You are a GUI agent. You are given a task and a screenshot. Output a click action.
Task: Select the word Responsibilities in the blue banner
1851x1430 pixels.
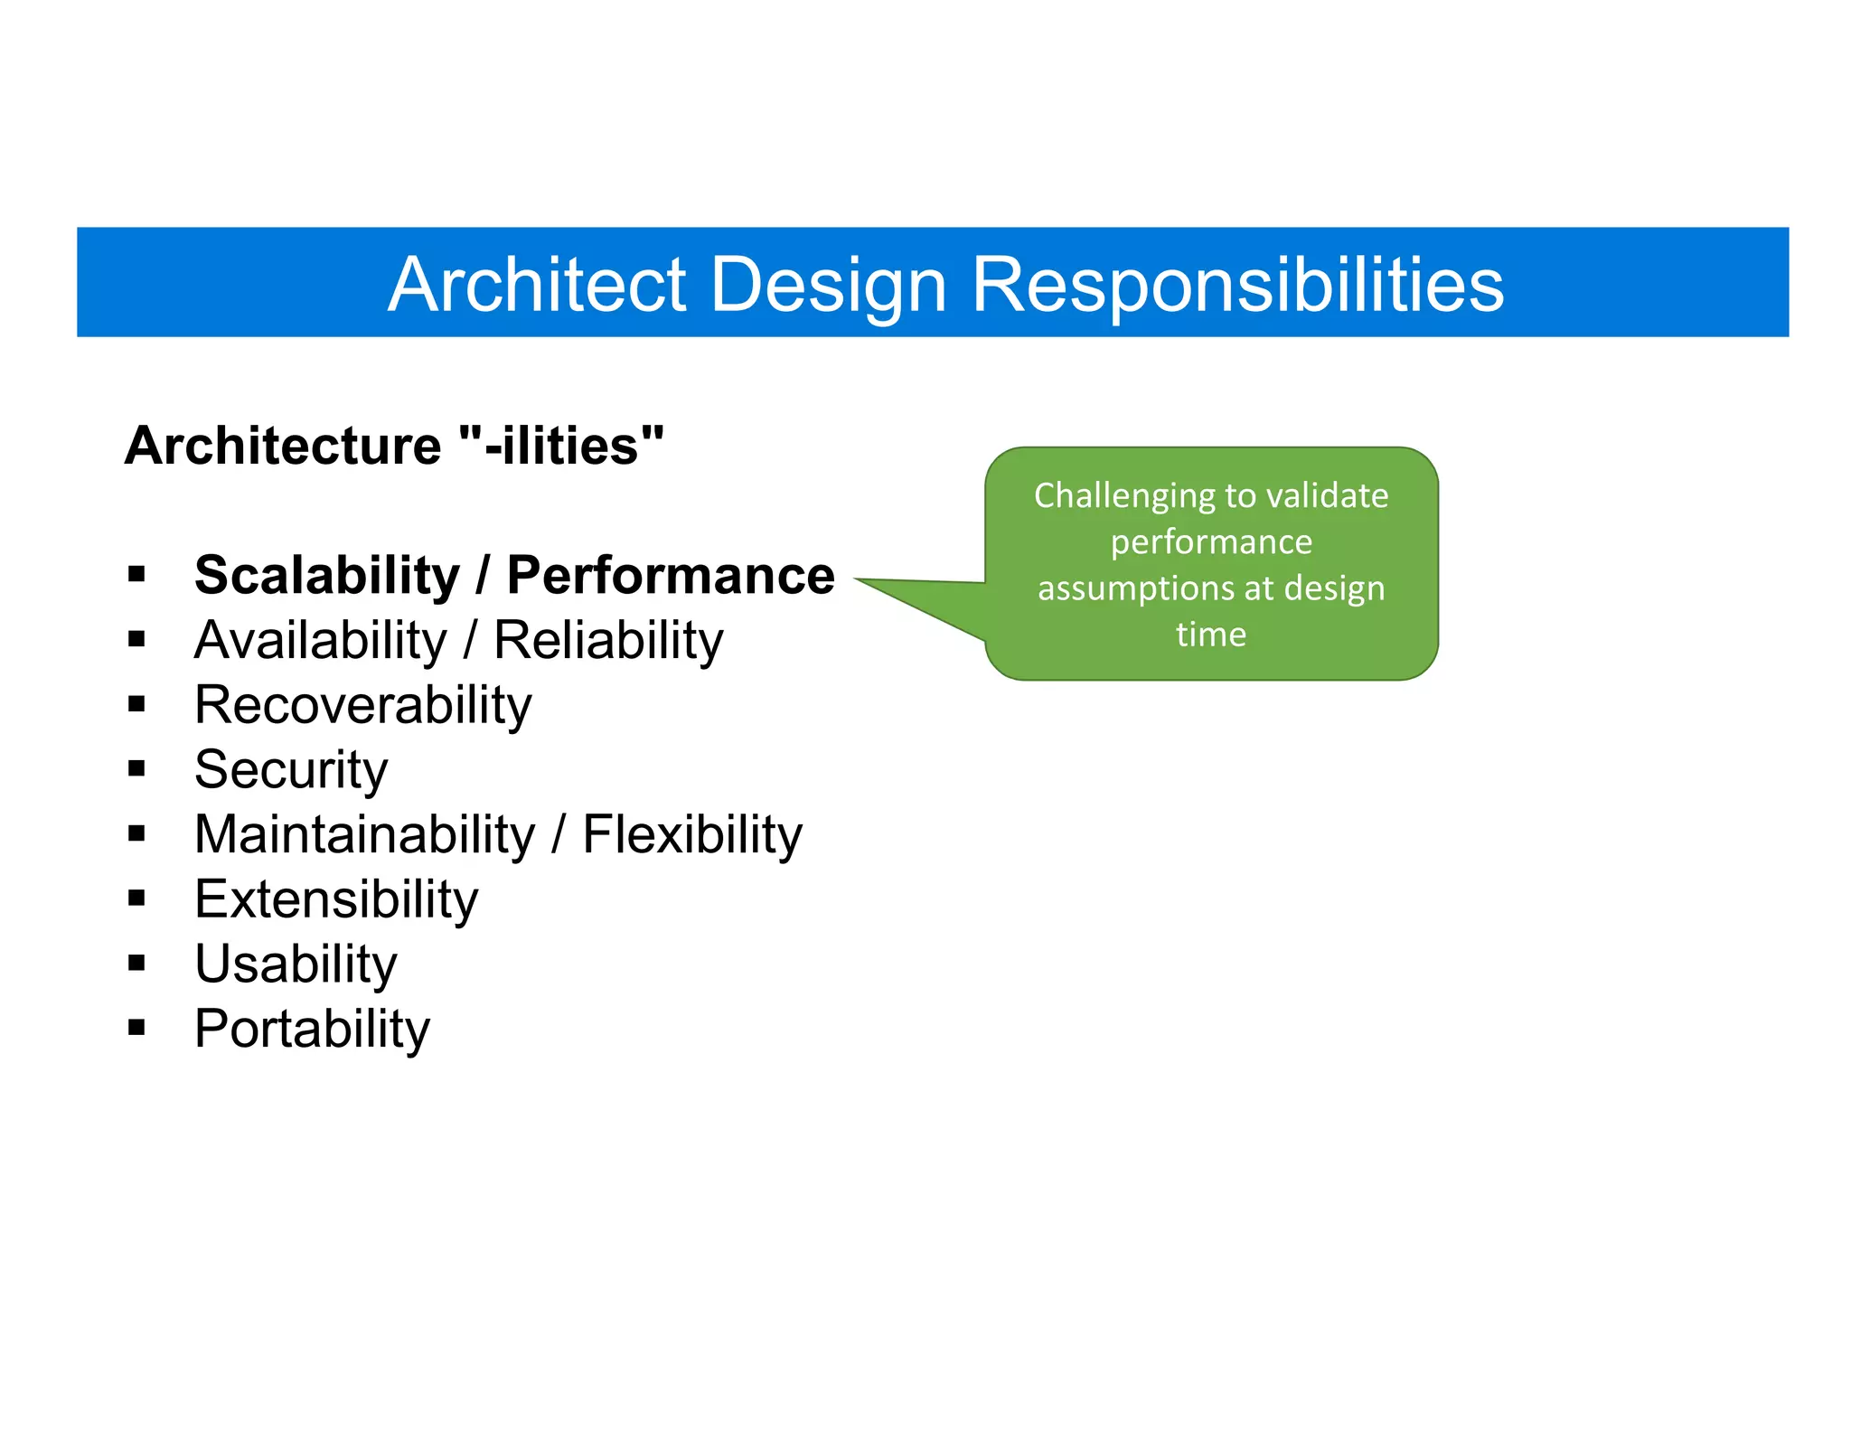(x=1237, y=284)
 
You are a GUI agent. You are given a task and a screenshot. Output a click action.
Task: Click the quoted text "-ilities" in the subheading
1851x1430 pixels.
(x=561, y=446)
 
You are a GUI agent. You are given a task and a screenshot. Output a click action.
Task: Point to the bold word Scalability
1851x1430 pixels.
(x=327, y=575)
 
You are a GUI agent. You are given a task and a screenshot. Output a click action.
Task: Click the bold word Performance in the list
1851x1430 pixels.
(x=671, y=575)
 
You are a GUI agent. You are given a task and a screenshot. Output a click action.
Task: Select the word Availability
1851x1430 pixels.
(x=321, y=640)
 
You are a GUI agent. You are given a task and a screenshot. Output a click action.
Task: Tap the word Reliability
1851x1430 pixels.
(x=608, y=640)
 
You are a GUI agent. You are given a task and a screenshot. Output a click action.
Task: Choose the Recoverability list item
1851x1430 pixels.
(x=363, y=705)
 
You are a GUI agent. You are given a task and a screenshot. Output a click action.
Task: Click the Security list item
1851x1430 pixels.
(x=291, y=770)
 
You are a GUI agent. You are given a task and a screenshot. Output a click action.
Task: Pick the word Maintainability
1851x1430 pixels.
(x=365, y=834)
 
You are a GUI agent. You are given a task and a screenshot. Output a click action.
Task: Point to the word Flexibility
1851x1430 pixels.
(x=692, y=834)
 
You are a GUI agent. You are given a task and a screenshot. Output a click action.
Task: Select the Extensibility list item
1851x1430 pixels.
(x=336, y=899)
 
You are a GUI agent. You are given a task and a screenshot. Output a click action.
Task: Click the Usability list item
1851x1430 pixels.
(x=296, y=964)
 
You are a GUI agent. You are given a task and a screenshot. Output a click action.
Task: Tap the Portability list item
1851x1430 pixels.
(x=312, y=1029)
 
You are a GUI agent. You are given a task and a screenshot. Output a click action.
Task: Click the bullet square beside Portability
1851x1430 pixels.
(x=136, y=1027)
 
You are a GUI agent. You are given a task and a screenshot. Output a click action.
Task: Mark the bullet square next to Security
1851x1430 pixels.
(x=136, y=768)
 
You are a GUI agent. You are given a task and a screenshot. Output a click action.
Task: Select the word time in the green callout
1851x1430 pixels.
(x=1211, y=634)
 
